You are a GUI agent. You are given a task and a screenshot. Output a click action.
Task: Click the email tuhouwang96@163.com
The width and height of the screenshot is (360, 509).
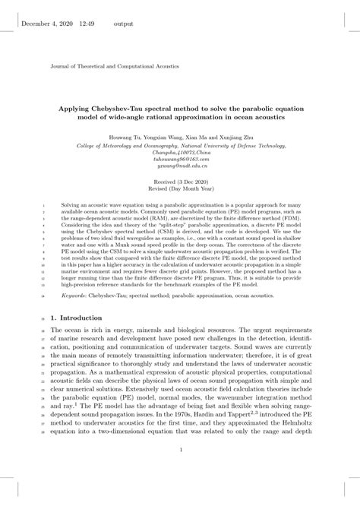point(179,160)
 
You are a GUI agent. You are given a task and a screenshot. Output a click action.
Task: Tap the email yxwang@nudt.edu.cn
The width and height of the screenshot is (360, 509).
point(179,167)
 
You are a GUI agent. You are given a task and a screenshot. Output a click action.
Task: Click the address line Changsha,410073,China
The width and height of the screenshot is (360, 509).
point(179,153)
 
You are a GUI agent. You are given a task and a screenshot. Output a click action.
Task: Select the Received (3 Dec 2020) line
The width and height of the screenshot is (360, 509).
point(179,183)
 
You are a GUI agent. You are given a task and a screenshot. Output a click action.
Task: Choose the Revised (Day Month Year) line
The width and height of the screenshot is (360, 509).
point(179,190)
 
